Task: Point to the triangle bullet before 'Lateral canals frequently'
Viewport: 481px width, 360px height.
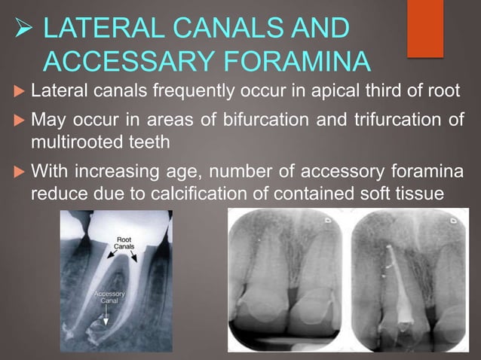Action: pos(17,93)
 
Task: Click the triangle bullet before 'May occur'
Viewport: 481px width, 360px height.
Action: pos(17,121)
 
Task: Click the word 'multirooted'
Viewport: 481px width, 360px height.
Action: pos(72,141)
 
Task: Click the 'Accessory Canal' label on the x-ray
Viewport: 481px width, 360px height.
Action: pos(110,295)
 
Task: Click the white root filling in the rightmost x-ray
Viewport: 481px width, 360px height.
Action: pos(399,294)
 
